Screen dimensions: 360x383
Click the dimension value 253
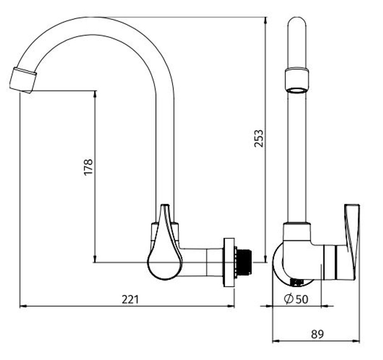point(259,139)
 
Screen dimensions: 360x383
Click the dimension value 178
point(88,167)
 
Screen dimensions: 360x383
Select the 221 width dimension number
point(130,299)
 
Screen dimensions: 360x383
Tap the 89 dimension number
point(317,334)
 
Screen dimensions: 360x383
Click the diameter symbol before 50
point(290,299)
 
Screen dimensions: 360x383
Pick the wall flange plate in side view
point(229,262)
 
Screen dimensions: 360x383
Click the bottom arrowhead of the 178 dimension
point(95,259)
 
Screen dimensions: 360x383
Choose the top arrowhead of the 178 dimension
point(95,94)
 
